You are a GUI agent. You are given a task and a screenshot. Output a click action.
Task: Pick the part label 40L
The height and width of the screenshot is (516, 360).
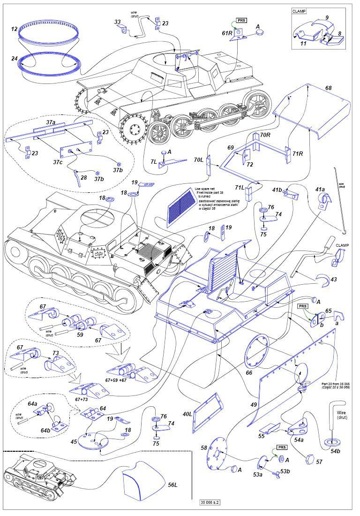click(187, 414)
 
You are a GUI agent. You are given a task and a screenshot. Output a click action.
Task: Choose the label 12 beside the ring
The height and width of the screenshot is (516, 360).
click(14, 29)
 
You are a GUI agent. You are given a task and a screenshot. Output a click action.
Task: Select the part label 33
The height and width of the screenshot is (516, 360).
click(117, 22)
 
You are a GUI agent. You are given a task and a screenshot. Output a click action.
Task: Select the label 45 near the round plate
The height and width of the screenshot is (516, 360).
click(74, 441)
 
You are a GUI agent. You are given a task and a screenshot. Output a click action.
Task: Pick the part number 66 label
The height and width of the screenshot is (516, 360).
click(248, 372)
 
